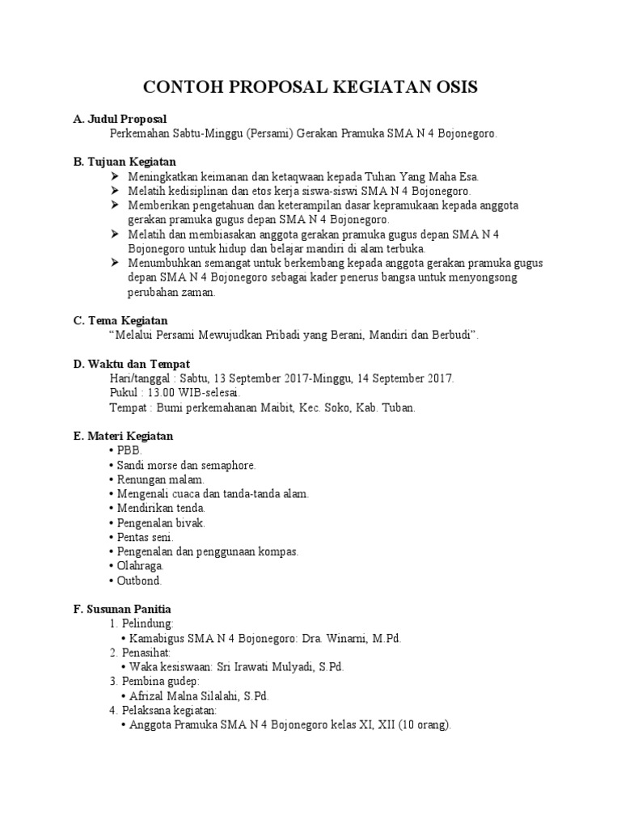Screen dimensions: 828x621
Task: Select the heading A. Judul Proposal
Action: [120, 119]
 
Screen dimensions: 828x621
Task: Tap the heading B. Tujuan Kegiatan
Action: [125, 162]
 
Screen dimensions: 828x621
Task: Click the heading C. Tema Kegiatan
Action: [120, 320]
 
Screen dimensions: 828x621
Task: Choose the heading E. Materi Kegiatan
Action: [123, 436]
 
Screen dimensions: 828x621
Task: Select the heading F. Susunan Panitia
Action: [122, 608]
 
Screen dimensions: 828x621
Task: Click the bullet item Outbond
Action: [139, 581]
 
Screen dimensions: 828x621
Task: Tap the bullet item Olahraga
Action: [141, 566]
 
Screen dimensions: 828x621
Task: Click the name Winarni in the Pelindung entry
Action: [345, 638]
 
